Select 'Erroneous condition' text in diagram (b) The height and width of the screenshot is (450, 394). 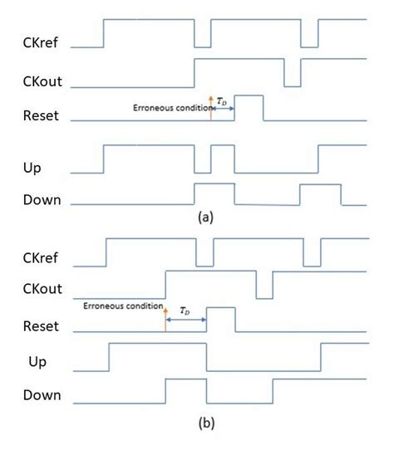(x=118, y=306)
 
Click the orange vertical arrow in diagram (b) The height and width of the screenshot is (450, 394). (x=165, y=320)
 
